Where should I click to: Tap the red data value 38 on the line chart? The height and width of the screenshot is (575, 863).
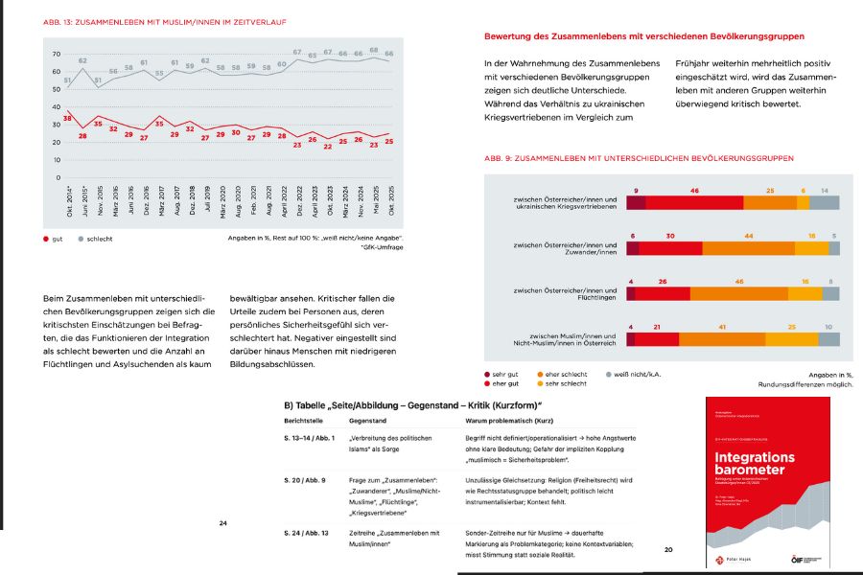[66, 117]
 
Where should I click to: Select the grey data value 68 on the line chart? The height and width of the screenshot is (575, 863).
[373, 50]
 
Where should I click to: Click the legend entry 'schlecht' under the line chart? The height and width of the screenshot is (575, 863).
[99, 239]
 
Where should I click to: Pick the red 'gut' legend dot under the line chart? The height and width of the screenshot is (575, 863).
[47, 239]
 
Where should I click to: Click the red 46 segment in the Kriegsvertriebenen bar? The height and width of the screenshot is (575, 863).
[693, 201]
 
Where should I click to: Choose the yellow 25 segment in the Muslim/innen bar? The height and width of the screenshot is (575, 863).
[791, 338]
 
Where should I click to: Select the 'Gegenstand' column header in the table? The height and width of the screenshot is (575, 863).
[368, 421]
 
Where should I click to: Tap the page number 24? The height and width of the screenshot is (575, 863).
[222, 523]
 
